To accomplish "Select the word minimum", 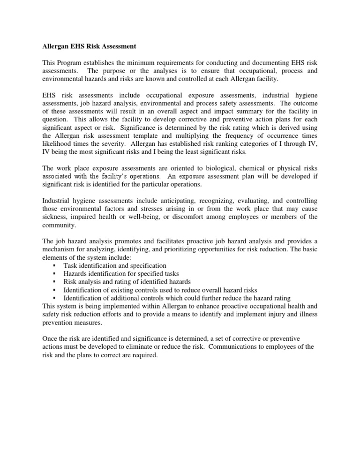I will pyautogui.click(x=139, y=63).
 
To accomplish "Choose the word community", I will pyautogui.click(x=52, y=225).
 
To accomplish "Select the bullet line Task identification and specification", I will pyautogui.click(x=114, y=266).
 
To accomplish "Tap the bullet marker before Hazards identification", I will pyautogui.click(x=55, y=274).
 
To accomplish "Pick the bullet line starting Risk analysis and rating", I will pyautogui.click(x=127, y=282).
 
